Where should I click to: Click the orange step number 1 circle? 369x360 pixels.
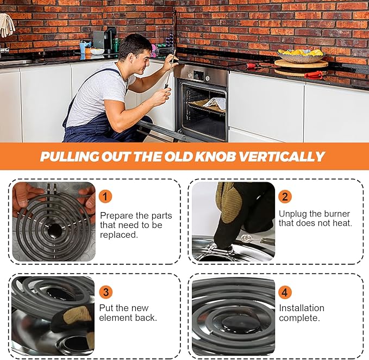tap(105, 197)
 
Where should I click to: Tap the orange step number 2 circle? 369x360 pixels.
tap(285, 197)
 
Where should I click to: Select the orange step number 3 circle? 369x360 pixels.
tap(105, 292)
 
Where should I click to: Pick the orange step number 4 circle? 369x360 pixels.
tap(285, 292)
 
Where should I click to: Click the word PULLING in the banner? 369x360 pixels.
tap(70, 156)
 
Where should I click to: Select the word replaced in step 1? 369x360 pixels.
tap(119, 235)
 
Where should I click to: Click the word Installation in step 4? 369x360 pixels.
tap(302, 308)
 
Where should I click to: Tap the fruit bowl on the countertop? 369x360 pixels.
tap(301, 56)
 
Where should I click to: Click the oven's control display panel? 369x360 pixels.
tap(197, 75)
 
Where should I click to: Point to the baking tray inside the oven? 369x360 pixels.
tap(207, 105)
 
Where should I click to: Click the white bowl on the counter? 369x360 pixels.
tap(97, 51)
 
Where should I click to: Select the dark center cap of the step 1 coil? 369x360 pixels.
tap(55, 230)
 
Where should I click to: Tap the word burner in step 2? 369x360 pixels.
tap(337, 214)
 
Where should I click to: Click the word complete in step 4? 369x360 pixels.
tap(299, 318)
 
